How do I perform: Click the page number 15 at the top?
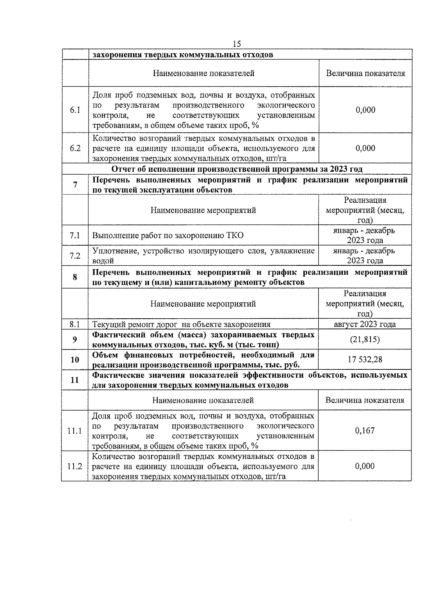(x=237, y=44)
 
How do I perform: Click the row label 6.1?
(x=75, y=110)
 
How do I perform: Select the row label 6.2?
(x=75, y=148)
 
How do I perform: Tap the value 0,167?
(x=365, y=430)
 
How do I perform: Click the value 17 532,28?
(x=365, y=359)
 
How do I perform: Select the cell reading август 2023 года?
(x=365, y=324)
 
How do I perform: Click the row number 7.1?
(x=75, y=235)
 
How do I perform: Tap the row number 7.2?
(x=75, y=256)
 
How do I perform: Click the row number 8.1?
(x=75, y=324)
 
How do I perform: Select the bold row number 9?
(x=75, y=340)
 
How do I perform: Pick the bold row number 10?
(x=75, y=359)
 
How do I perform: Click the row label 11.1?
(x=75, y=431)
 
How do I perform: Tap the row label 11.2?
(x=75, y=466)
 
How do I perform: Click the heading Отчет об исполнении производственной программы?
(x=237, y=169)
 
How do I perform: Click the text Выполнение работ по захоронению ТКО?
(x=168, y=235)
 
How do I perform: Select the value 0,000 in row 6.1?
(x=365, y=110)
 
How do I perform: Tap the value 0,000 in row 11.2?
(x=365, y=466)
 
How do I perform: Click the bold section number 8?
(x=75, y=277)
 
